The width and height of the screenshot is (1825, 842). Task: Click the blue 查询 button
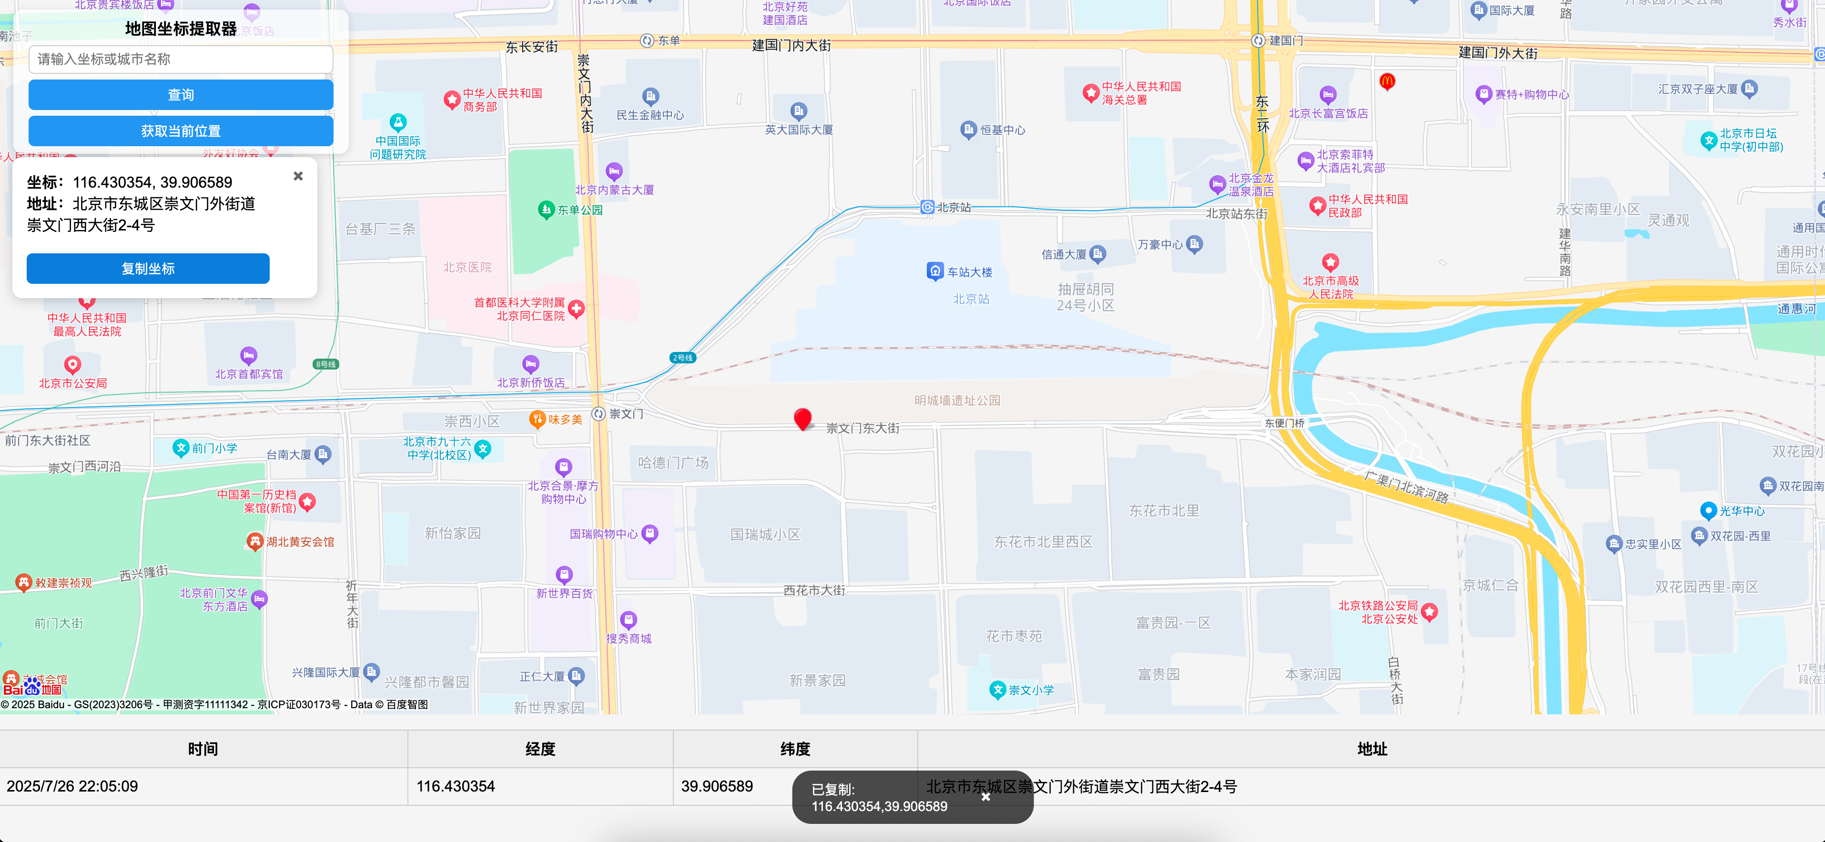coord(181,95)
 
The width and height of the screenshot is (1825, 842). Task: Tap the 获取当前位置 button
coord(181,131)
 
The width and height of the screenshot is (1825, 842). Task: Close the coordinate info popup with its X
coord(298,176)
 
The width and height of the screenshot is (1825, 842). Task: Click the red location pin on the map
coord(802,419)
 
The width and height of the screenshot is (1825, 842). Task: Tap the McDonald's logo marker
coord(1387,81)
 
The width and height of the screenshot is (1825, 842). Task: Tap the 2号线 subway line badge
coord(682,358)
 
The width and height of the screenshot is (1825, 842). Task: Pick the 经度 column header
coord(540,749)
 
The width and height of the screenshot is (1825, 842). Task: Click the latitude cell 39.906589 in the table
coord(717,786)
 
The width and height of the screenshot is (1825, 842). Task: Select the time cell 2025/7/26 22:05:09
coord(72,786)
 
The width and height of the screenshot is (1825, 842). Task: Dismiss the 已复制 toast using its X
coord(985,797)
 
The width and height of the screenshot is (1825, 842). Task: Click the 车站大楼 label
coord(969,272)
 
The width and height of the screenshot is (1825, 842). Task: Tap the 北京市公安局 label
coord(73,383)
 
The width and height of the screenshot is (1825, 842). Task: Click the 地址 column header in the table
coord(1371,749)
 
